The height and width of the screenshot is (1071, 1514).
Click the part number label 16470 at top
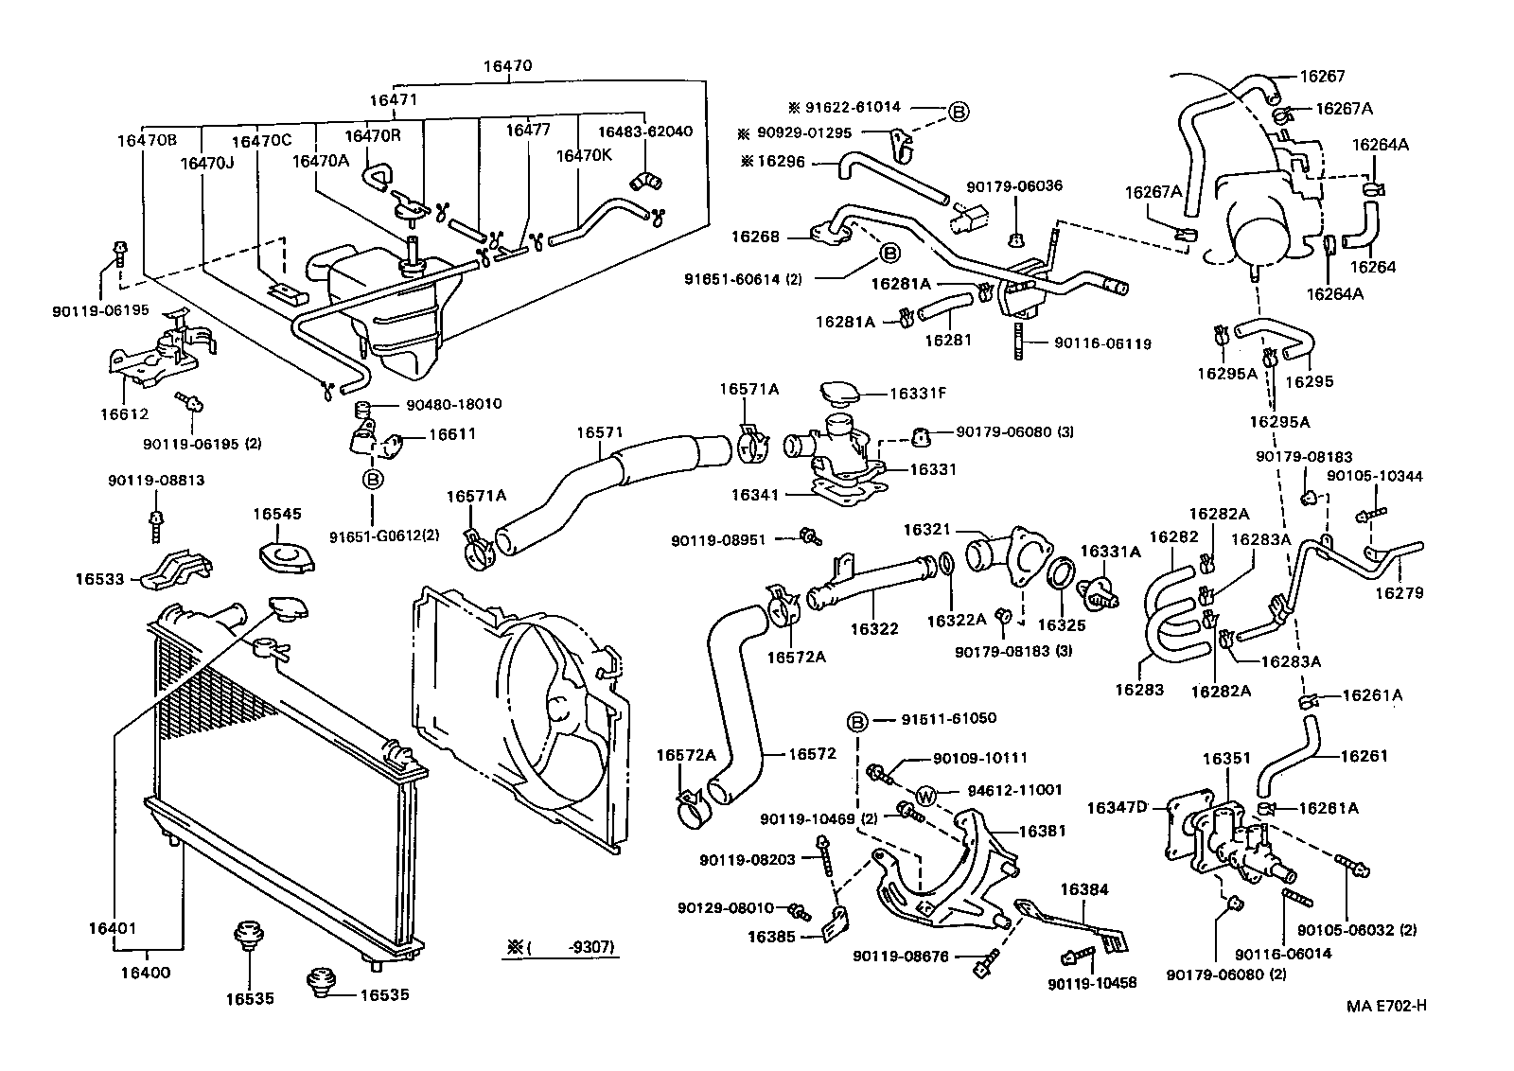[x=507, y=66]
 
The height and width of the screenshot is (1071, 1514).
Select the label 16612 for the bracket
[x=124, y=413]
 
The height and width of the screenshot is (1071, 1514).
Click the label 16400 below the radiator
[x=146, y=972]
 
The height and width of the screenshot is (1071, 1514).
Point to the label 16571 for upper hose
[x=600, y=432]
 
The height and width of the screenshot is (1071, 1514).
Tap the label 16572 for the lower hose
[x=812, y=754]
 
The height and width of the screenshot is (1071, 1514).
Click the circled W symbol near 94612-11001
[x=926, y=796]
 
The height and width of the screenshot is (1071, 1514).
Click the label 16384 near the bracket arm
[x=1083, y=889]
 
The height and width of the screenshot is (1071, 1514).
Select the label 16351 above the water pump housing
[x=1226, y=758]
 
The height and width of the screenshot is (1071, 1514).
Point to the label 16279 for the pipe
[x=1399, y=593]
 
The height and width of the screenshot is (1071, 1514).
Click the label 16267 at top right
[x=1322, y=77]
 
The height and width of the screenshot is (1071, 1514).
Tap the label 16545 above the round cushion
[x=276, y=514]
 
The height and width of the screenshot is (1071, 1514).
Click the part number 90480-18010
[x=453, y=404]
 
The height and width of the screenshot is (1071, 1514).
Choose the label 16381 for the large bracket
[x=1042, y=831]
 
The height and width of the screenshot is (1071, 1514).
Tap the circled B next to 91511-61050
[x=856, y=723]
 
